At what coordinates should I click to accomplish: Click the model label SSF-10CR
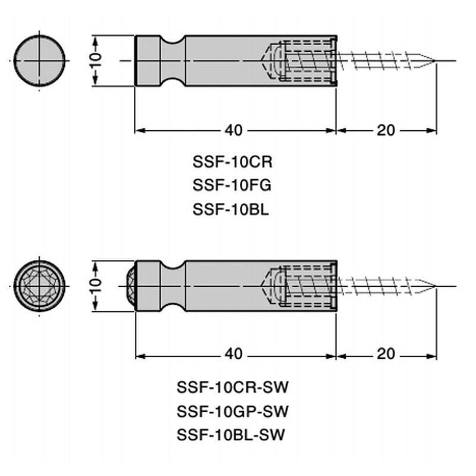[232, 161]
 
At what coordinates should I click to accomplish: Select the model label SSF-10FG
[232, 185]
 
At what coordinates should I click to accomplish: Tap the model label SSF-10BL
[232, 209]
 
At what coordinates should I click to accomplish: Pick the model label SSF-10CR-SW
[232, 387]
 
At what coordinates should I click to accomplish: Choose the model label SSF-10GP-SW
[232, 411]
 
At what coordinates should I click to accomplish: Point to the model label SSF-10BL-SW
[232, 435]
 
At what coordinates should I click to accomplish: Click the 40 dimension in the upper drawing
[234, 130]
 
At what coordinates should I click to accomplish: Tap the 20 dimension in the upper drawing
[386, 130]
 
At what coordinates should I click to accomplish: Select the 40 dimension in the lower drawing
[234, 354]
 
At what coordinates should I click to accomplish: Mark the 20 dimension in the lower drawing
[386, 354]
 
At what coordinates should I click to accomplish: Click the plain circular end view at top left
[40, 61]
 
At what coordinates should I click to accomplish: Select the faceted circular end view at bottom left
[40, 286]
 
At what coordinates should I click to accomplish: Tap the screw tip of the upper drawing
[430, 61]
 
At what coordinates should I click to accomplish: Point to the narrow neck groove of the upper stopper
[173, 61]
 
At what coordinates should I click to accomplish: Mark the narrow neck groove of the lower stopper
[173, 285]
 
